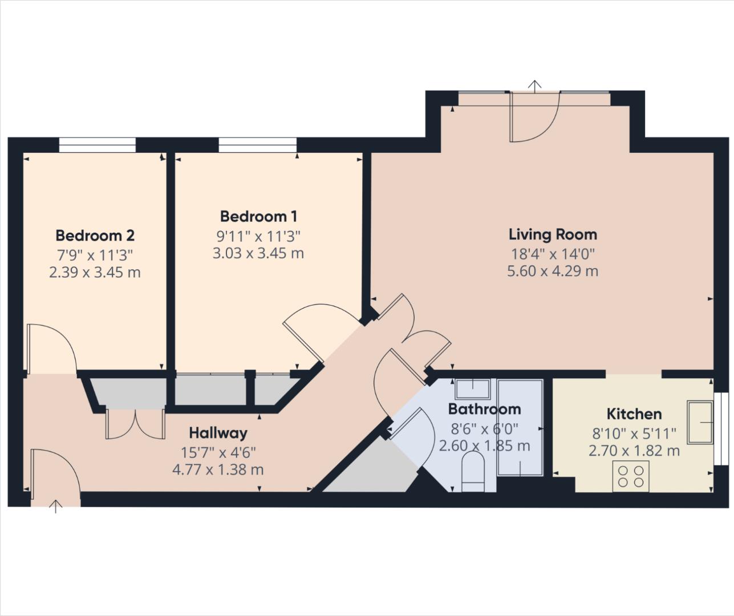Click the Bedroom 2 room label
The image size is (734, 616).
(95, 235)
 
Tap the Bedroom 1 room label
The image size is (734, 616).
(258, 216)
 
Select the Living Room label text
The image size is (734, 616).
(553, 234)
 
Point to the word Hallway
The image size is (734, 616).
(218, 433)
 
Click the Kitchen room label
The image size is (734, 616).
(634, 414)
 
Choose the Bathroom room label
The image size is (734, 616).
(484, 409)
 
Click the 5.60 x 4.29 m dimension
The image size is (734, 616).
(553, 271)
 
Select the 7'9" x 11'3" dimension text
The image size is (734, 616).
(95, 254)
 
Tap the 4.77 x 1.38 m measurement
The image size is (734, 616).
(218, 470)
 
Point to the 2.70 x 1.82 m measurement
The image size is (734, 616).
(634, 451)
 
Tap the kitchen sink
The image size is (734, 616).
(700, 422)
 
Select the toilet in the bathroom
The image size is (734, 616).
(472, 472)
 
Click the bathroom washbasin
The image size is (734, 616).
(473, 388)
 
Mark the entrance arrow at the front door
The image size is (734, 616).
(55, 506)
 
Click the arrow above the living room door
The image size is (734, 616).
(534, 86)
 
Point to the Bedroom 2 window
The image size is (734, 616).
(98, 145)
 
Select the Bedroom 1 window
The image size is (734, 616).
(258, 145)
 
